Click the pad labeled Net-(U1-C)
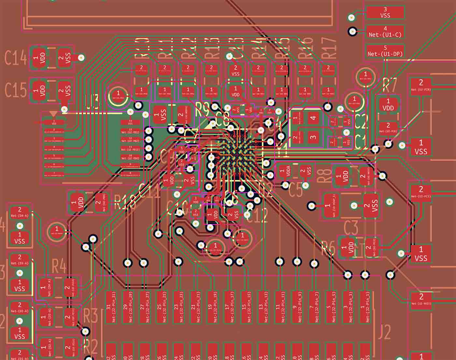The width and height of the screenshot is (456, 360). [x=385, y=32]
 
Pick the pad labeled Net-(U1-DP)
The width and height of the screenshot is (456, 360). [x=385, y=51]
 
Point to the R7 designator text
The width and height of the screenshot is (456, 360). [x=390, y=85]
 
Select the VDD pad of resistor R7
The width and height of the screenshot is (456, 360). [x=388, y=105]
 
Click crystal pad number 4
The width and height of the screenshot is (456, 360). [x=313, y=118]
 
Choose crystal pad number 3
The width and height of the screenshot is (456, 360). [x=313, y=137]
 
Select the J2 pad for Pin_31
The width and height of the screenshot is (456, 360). [x=112, y=307]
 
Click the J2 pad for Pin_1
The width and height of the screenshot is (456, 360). [x=365, y=307]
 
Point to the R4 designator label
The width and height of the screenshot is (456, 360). [x=59, y=266]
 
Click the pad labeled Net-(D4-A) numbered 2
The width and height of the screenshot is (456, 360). [x=20, y=212]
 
